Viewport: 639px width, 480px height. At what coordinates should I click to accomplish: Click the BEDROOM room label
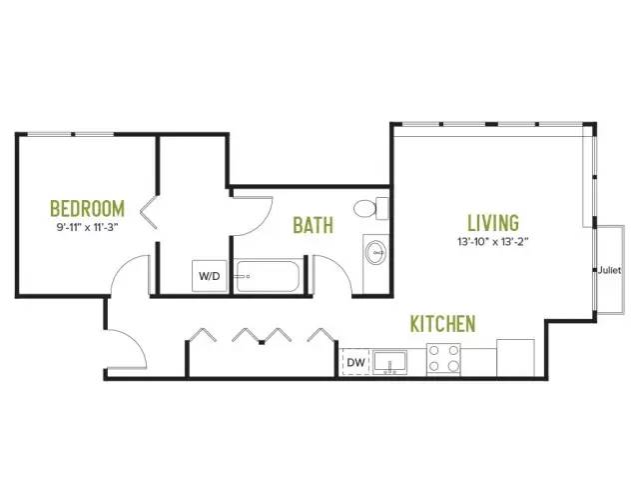click(87, 208)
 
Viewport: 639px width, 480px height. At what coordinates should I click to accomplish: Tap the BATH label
click(313, 225)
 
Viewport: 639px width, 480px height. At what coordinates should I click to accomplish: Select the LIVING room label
click(493, 223)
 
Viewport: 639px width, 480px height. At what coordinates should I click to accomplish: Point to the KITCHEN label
click(442, 324)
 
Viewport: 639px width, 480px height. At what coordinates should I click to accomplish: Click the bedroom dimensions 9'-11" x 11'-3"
click(87, 227)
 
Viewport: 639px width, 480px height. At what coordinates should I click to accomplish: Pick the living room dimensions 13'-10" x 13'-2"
click(493, 242)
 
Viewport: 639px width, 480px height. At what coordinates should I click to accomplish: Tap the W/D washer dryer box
click(210, 276)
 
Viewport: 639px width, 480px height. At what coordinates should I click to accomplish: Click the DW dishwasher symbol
click(355, 362)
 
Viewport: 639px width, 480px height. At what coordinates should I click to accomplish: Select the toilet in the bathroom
click(370, 208)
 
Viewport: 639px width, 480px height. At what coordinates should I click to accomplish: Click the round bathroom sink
click(375, 253)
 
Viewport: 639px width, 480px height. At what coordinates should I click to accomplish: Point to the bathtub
click(268, 276)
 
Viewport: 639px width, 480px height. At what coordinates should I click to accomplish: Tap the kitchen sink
click(390, 362)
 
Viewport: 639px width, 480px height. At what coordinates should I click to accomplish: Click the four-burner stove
click(443, 359)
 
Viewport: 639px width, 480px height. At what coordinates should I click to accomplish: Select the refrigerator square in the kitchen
click(515, 358)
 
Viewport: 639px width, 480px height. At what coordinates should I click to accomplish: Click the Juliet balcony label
click(610, 270)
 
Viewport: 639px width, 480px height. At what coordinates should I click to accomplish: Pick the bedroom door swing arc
click(119, 265)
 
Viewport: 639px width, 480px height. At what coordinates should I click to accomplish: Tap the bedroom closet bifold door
click(149, 212)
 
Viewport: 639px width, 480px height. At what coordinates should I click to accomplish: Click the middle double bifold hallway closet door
click(262, 335)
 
